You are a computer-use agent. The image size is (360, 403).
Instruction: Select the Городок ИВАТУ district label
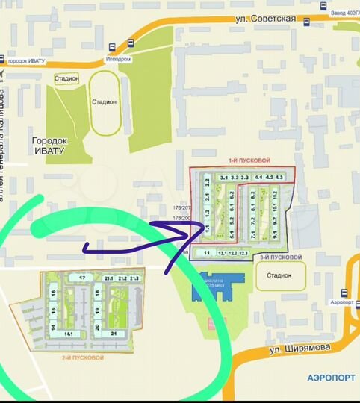coord(49,145)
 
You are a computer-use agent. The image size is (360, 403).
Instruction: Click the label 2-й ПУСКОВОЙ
coord(83,358)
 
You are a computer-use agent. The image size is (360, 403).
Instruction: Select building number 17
coord(83,278)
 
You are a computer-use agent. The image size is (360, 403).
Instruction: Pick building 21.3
coord(134,278)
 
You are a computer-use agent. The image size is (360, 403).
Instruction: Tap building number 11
coord(206,253)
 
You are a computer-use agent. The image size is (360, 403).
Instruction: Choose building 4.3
coord(279,177)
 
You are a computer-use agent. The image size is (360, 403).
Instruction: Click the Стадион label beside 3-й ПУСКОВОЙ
coord(273,275)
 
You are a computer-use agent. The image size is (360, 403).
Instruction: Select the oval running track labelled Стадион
coord(104,102)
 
